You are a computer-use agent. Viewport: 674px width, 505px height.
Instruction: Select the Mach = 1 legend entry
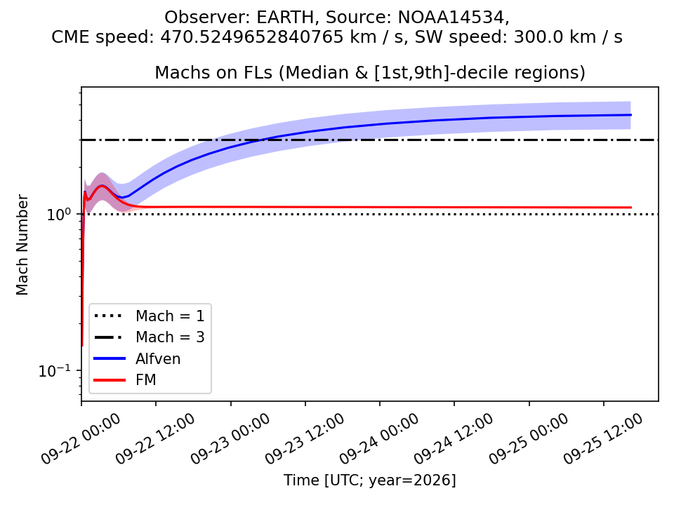149,316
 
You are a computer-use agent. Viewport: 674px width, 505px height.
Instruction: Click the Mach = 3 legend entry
149,337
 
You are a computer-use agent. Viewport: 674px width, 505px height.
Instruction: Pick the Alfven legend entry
137,358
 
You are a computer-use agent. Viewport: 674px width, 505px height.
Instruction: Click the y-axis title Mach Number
22,245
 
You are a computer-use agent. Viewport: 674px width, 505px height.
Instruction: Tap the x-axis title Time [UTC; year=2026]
370,480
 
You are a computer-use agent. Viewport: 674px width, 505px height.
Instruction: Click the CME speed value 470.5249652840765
251,37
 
